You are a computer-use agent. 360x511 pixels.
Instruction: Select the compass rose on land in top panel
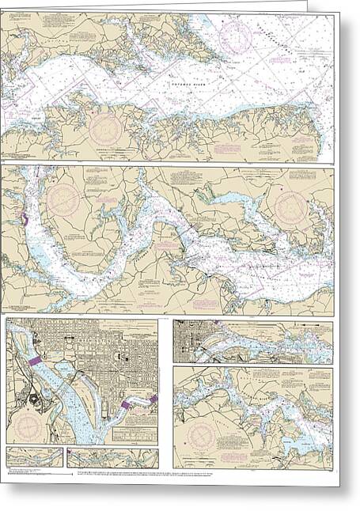pyautogui.click(x=104, y=129)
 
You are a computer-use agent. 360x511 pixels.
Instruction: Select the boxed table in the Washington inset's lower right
pyautogui.click(x=134, y=433)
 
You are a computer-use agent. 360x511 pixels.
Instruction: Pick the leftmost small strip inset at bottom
pyautogui.click(x=34, y=457)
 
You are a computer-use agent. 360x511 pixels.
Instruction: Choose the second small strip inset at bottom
pyautogui.click(x=112, y=458)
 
